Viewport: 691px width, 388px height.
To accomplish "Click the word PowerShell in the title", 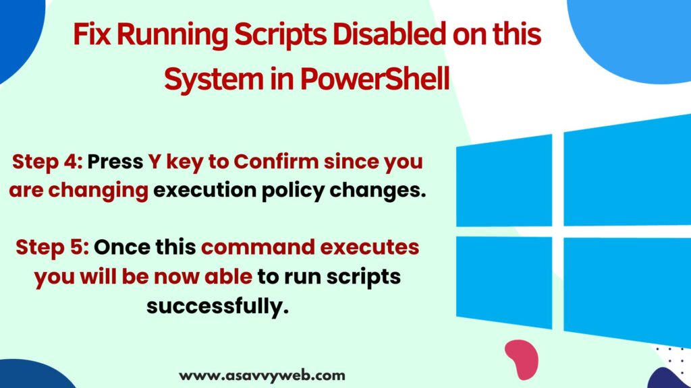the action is click(375, 79).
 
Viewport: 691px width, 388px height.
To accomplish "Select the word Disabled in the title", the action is click(389, 34).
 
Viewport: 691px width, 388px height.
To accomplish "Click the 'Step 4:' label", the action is click(47, 162).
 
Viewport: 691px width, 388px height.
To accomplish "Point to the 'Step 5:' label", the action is click(52, 248).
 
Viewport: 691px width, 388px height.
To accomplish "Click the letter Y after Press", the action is click(154, 162).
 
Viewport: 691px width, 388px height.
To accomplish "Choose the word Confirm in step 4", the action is click(276, 162).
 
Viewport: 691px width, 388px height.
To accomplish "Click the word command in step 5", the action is click(258, 247).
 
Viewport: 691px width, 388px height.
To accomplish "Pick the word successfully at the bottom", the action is click(217, 306).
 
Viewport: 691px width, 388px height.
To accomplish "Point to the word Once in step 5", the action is click(119, 247).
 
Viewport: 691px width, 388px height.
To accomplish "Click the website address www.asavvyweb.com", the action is click(262, 376).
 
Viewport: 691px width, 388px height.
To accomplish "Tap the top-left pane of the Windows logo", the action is click(504, 181).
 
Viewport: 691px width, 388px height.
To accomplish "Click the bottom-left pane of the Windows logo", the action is click(504, 282).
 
